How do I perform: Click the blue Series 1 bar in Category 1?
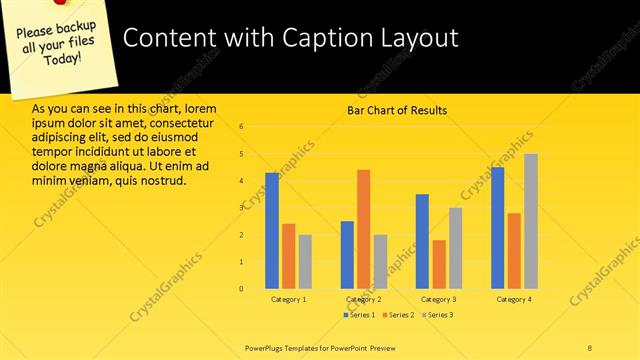(x=272, y=231)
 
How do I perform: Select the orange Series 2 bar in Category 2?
(x=363, y=229)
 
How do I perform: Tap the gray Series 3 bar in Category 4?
(x=530, y=221)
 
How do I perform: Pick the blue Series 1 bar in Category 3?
(x=422, y=241)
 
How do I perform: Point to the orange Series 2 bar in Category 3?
(x=439, y=264)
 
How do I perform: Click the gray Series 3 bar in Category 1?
(x=305, y=261)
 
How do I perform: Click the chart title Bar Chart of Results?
(x=397, y=110)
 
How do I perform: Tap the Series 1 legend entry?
(x=360, y=315)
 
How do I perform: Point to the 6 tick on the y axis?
(x=241, y=127)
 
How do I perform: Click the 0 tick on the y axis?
(x=241, y=288)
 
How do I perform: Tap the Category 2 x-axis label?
(x=363, y=299)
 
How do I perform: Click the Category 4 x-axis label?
(x=514, y=299)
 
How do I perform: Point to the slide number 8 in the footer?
(x=590, y=347)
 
